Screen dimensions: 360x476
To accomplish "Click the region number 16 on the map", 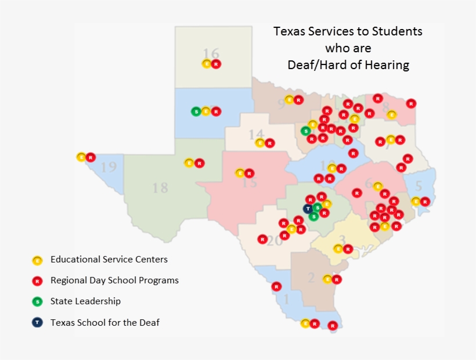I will coord(211,54).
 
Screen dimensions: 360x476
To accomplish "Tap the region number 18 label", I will coord(160,188).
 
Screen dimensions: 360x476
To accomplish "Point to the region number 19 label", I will coord(108,168).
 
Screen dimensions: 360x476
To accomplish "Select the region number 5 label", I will coord(418,187).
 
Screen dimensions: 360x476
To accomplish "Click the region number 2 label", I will coord(311,279).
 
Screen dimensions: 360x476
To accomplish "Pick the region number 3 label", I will coord(342,240).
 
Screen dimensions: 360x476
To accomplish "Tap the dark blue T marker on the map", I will coord(308,208).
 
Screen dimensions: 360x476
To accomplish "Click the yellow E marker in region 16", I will coord(207,64).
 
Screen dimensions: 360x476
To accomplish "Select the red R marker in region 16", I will coord(216,64).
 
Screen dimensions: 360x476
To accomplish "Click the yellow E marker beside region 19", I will coord(81,157).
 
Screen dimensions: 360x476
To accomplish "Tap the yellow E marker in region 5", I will coord(416,201).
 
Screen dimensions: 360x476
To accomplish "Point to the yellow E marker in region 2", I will coord(327,279).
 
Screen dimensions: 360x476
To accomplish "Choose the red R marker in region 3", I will coord(348,249).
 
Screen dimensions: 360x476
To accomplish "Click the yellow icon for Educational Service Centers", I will coord(38,260).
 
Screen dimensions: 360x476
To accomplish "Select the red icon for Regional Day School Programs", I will coord(38,281).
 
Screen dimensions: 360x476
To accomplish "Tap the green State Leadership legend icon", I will coord(38,301).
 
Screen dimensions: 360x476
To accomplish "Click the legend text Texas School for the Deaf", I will coord(104,322).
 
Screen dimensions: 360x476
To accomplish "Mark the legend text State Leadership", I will coord(85,301).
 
